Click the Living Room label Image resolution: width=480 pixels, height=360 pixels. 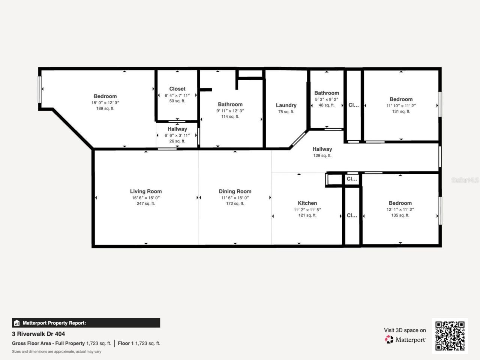pyautogui.click(x=145, y=191)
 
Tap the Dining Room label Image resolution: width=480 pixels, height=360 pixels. pyautogui.click(x=235, y=191)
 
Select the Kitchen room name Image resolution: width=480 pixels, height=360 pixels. pyautogui.click(x=307, y=203)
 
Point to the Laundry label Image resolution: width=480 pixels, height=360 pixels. pyautogui.click(x=286, y=105)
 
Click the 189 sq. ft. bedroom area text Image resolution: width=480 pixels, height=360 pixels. pyautogui.click(x=105, y=109)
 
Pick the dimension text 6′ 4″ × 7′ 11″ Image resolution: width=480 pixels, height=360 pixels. pyautogui.click(x=177, y=95)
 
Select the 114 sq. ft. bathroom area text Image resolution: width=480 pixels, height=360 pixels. pyautogui.click(x=230, y=117)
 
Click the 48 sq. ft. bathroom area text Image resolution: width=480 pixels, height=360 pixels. pyautogui.click(x=326, y=105)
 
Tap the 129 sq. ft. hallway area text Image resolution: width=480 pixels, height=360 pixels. pyautogui.click(x=322, y=156)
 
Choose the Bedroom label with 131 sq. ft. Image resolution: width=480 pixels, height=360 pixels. pyautogui.click(x=401, y=99)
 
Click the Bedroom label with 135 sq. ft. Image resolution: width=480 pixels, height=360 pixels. pyautogui.click(x=400, y=203)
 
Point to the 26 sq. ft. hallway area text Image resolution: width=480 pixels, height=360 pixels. pyautogui.click(x=177, y=141)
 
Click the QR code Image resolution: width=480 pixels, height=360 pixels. pyautogui.click(x=450, y=336)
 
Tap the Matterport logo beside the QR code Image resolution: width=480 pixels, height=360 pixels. pyautogui.click(x=405, y=340)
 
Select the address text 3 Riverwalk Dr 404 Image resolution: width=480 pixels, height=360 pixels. pyautogui.click(x=38, y=334)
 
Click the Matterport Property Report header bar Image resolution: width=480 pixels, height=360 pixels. pyautogui.click(x=86, y=323)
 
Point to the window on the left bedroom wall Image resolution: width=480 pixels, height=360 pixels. pyautogui.click(x=40, y=89)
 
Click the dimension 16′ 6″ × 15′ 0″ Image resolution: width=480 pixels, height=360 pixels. pyautogui.click(x=145, y=198)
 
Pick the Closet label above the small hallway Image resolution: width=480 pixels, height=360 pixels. pyautogui.click(x=177, y=89)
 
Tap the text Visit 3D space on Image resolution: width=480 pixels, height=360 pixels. pyautogui.click(x=405, y=330)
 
